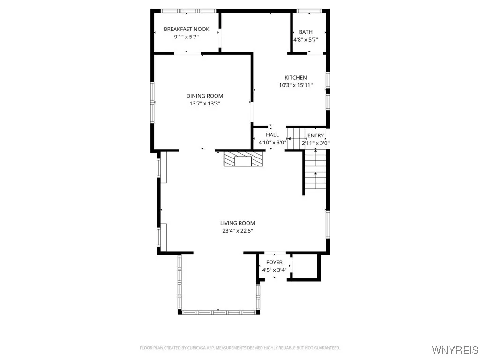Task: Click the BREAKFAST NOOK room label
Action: coord(186,29)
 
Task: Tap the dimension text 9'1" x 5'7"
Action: coord(186,37)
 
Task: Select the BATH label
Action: coord(306,32)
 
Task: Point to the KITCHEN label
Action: coord(296,78)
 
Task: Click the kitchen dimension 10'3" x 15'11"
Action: coord(296,85)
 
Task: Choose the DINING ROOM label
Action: coord(204,96)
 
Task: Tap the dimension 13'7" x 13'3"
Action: coord(204,103)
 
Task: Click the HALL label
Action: coord(272,135)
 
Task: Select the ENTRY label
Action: coord(315,135)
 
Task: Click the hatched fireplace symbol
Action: coord(243,159)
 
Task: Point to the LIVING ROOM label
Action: coord(238,223)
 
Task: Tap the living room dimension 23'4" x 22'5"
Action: coord(238,231)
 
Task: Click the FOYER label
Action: coord(274,262)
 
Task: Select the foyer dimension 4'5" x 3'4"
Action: coord(274,270)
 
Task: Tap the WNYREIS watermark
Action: coord(455,350)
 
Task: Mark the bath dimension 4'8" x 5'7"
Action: coord(306,40)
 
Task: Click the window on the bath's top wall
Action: coord(308,11)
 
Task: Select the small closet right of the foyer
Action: coord(305,267)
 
